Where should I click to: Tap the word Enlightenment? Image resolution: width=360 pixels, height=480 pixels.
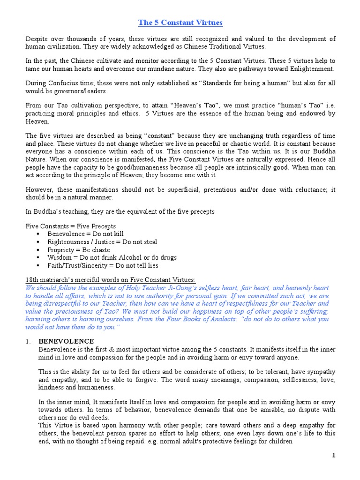tap(309, 68)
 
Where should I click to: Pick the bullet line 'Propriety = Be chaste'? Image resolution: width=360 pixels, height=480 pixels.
tap(79, 250)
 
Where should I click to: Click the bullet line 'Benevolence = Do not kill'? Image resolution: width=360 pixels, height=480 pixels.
tap(85, 233)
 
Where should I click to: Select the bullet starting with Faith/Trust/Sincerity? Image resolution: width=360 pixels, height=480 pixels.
tap(102, 266)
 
